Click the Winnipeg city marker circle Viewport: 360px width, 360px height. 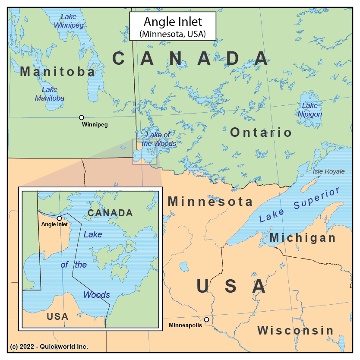point(81,117)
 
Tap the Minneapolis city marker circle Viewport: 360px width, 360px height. point(207,320)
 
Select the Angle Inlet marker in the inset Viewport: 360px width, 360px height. point(59,218)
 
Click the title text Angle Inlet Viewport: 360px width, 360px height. point(173,22)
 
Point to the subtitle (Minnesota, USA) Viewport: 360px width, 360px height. point(173,33)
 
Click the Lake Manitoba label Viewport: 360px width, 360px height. point(50,94)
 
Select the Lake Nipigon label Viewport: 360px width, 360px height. point(309,110)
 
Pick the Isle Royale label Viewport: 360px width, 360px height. point(328,171)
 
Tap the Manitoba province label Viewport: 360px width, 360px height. point(57,71)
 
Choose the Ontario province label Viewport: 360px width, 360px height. point(261,132)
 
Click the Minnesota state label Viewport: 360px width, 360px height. point(210,201)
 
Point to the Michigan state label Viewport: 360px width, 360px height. point(303,238)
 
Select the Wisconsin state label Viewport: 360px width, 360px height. point(296,331)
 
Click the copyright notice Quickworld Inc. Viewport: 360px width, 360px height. point(49,347)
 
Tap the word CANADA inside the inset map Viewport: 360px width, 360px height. point(110,213)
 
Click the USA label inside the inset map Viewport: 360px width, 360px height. point(57,316)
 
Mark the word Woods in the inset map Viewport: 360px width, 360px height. point(97,295)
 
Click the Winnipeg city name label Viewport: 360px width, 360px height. point(95,125)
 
